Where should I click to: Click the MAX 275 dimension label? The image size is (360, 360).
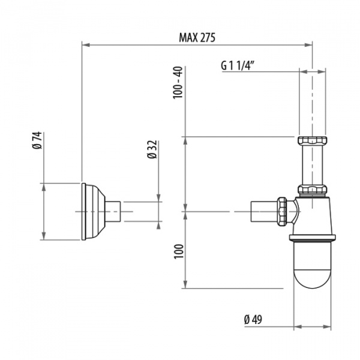[197, 37]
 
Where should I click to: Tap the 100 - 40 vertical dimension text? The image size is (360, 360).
[177, 84]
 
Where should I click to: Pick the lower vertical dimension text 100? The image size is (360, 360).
[178, 251]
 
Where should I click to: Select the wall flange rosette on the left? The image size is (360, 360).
[93, 211]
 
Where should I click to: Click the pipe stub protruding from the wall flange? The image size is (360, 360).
[115, 211]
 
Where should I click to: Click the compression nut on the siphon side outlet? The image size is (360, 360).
[283, 211]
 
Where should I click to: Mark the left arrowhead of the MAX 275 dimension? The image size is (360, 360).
[85, 44]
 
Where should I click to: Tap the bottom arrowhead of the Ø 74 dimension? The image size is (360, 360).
[43, 238]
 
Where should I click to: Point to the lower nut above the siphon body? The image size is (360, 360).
[312, 190]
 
